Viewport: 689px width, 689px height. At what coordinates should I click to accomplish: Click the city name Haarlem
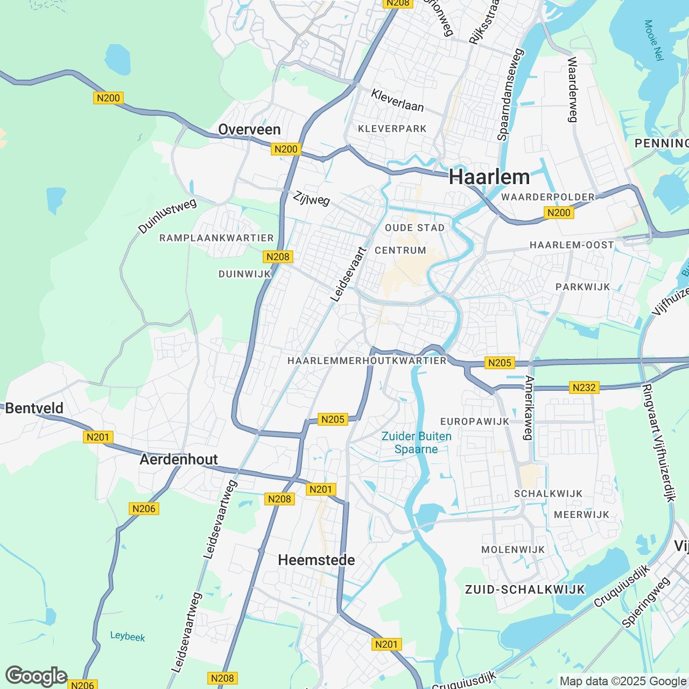point(489,177)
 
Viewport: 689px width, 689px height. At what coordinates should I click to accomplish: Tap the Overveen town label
point(249,130)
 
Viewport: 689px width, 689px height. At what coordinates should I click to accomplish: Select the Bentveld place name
point(34,408)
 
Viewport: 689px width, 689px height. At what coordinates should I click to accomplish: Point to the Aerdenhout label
point(179,459)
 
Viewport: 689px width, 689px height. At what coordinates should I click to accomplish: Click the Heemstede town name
point(317,560)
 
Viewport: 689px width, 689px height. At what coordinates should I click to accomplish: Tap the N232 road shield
point(584,388)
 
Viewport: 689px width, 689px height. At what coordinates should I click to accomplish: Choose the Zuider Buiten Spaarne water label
point(416,442)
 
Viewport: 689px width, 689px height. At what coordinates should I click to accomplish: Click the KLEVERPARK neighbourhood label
point(392,129)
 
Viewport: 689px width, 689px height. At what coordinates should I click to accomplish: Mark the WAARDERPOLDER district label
point(548,197)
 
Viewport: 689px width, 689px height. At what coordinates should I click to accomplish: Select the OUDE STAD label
point(415,228)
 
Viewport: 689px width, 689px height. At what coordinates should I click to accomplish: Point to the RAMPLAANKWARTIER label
point(216,238)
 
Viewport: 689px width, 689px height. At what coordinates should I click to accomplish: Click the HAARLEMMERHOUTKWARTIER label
point(367,361)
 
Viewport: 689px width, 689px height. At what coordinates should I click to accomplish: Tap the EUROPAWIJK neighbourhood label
point(475,421)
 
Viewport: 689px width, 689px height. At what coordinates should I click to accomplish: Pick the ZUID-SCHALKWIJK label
point(525,589)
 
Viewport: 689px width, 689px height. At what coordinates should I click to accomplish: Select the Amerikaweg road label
point(529,407)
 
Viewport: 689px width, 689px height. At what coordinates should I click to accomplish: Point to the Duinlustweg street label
point(167,216)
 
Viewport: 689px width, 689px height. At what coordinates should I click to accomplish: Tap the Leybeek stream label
point(128,636)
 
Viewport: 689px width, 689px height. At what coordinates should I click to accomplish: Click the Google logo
point(36,676)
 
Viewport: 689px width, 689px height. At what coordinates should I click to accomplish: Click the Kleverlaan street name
point(397,101)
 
